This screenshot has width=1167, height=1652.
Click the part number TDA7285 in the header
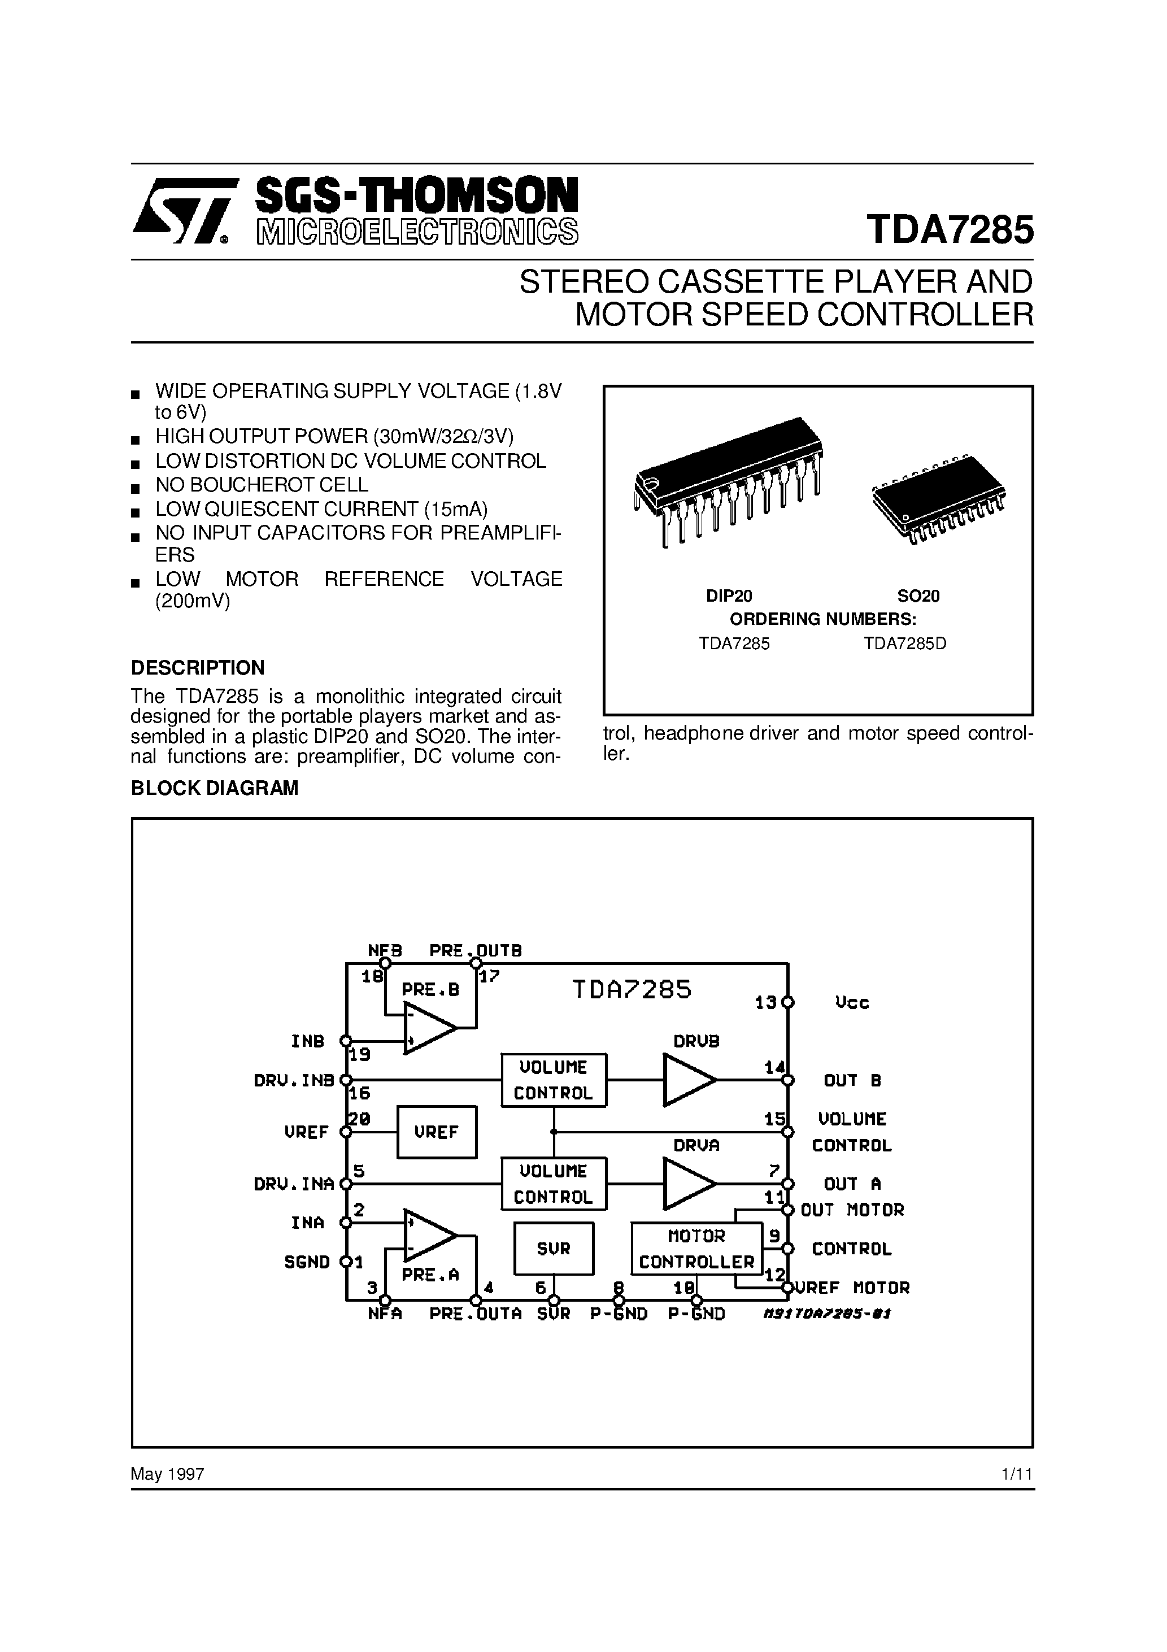coord(951,231)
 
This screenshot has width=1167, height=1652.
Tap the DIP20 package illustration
coord(728,481)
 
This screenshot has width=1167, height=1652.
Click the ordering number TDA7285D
coord(905,644)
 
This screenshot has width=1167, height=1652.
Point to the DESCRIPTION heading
coord(198,668)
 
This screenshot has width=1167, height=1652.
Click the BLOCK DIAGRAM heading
coord(215,788)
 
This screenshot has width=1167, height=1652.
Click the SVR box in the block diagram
coord(554,1249)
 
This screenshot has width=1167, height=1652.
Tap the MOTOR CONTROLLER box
coord(696,1249)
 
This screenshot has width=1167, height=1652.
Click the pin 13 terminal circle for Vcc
coord(788,1002)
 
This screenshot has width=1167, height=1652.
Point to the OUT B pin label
coord(852,1080)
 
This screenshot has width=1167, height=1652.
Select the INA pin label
coord(307,1223)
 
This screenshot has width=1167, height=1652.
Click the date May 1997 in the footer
coord(168,1474)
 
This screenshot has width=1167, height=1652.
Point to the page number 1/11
coord(1017,1474)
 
